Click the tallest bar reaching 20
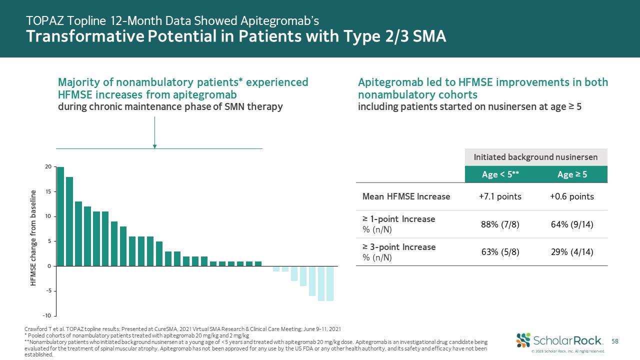(x=60, y=216)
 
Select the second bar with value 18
(x=69, y=221)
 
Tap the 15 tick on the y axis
(x=48, y=191)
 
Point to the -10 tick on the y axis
(x=46, y=315)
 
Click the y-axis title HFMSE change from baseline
(x=33, y=238)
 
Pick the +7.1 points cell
(x=500, y=196)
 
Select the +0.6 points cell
(x=571, y=196)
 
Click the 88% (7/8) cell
(x=500, y=224)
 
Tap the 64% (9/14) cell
(x=571, y=224)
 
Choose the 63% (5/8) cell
(x=500, y=251)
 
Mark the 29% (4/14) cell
(x=571, y=251)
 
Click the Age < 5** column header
(x=500, y=174)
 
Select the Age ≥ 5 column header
(x=571, y=174)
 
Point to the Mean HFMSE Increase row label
(x=406, y=196)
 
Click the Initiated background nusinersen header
(x=535, y=157)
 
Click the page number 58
(x=615, y=341)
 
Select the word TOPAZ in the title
(x=44, y=20)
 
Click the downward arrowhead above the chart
(x=155, y=146)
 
